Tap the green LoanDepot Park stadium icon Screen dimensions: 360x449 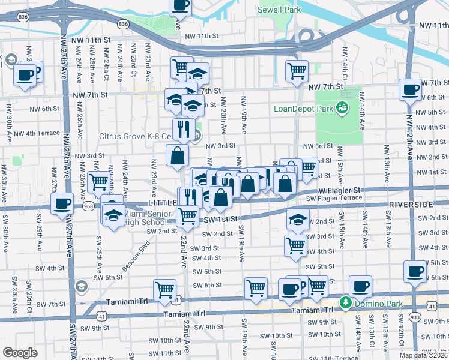342,108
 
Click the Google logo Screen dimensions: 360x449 20,353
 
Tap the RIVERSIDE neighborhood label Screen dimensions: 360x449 411,205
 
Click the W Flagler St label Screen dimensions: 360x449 339,190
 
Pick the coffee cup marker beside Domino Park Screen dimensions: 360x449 360,287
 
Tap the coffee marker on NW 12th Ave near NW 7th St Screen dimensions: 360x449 411,90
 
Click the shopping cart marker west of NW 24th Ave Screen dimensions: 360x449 98,181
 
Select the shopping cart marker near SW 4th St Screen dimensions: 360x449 295,245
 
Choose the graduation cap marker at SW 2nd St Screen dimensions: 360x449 297,220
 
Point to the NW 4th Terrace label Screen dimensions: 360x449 37,133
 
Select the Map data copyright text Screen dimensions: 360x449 423,355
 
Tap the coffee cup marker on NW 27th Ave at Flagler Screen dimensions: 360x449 62,203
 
